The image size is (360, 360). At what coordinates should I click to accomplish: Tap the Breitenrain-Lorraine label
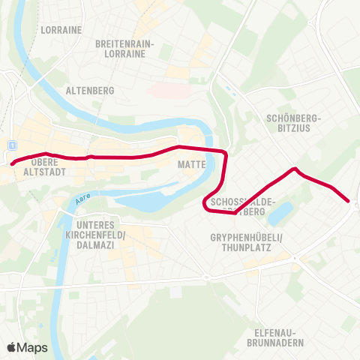[124, 49]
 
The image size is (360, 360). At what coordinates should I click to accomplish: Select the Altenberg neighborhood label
[90, 91]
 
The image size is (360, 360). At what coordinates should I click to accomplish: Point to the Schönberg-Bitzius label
[293, 123]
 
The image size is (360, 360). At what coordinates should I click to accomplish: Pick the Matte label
[187, 163]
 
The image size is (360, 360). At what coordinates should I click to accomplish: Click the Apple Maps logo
[27, 347]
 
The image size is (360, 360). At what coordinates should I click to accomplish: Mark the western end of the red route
[13, 161]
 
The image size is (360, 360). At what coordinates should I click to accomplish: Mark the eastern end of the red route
[348, 200]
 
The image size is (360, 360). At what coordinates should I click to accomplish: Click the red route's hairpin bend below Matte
[205, 202]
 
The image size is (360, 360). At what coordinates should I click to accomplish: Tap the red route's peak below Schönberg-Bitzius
[295, 169]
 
